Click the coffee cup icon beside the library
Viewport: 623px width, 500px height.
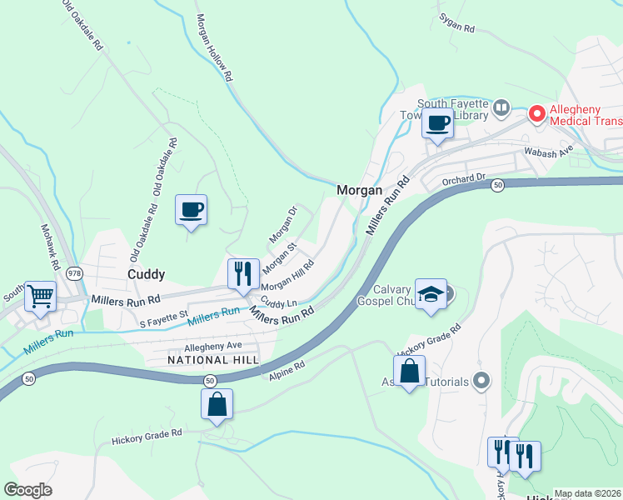437,124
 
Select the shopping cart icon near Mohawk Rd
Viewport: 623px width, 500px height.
40,296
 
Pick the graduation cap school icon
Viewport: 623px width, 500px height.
431,294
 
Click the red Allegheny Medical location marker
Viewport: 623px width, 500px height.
537,112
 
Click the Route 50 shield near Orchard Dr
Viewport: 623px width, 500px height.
497,184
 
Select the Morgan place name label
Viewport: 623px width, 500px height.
359,190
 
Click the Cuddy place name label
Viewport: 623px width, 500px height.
146,273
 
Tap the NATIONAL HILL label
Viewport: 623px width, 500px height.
212,359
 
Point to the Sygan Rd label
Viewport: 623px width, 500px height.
457,28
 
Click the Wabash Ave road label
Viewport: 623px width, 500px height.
548,152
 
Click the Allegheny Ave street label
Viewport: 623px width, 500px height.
212,345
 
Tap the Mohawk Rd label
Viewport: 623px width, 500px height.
51,243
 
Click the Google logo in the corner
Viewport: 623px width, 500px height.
27,490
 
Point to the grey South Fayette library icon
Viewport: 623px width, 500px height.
501,107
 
